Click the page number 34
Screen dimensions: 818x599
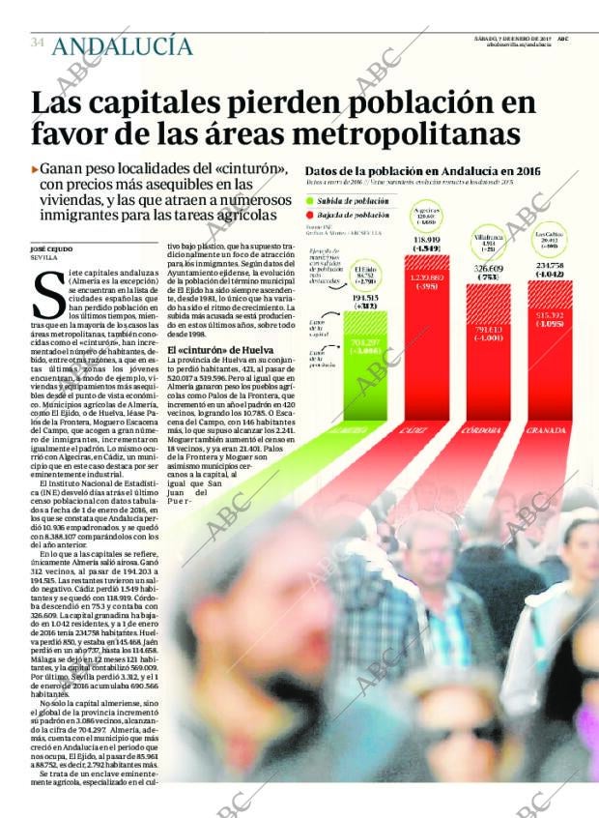[38, 43]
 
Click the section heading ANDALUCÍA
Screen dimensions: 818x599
[122, 44]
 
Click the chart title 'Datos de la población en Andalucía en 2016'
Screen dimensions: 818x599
[422, 171]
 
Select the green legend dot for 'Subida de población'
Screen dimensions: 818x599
[311, 200]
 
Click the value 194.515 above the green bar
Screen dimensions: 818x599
[364, 299]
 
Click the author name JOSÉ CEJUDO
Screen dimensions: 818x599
[51, 249]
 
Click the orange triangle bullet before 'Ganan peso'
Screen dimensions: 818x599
[35, 168]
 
